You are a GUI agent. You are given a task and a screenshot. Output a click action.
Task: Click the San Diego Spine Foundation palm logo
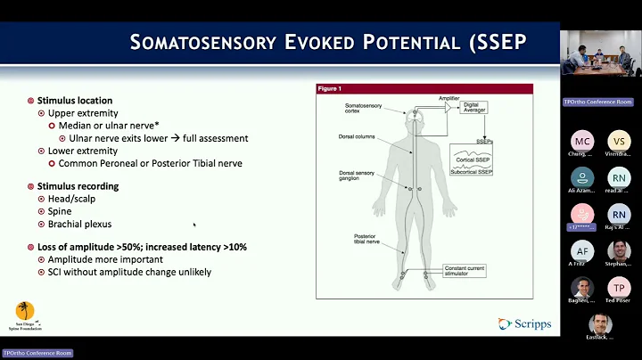tap(27, 315)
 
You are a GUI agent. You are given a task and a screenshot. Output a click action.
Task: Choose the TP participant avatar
tap(618, 288)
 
